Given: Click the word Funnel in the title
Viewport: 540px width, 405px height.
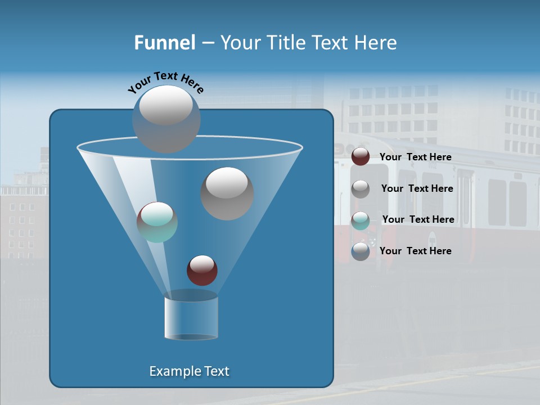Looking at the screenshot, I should [x=165, y=43].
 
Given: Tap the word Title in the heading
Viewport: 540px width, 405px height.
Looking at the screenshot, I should [x=285, y=43].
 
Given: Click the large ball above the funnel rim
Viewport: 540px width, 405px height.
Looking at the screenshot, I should [x=166, y=119].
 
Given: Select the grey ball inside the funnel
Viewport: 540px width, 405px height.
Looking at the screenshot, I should [x=227, y=193].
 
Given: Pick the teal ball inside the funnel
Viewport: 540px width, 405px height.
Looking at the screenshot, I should [x=157, y=222].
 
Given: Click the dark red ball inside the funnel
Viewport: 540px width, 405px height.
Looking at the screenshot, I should [x=202, y=270].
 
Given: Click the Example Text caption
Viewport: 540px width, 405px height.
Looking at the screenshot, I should [x=190, y=371].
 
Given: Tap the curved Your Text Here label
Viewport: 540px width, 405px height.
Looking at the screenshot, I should [x=165, y=82].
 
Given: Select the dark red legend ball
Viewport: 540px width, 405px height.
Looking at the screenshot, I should [x=361, y=157].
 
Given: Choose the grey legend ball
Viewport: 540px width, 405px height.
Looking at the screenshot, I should [x=361, y=189].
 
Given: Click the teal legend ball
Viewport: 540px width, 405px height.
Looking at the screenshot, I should [x=361, y=220].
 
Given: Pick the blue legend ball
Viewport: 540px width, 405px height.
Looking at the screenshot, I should [x=361, y=251].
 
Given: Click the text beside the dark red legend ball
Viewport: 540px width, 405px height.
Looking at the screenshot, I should [x=415, y=157].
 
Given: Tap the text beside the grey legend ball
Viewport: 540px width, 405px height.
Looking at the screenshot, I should [x=417, y=188].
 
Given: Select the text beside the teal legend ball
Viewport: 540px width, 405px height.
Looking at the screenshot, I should [x=418, y=219].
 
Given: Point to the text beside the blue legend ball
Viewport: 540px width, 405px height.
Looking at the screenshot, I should [x=415, y=251].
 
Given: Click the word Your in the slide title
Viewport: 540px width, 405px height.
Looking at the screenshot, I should [x=238, y=43].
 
